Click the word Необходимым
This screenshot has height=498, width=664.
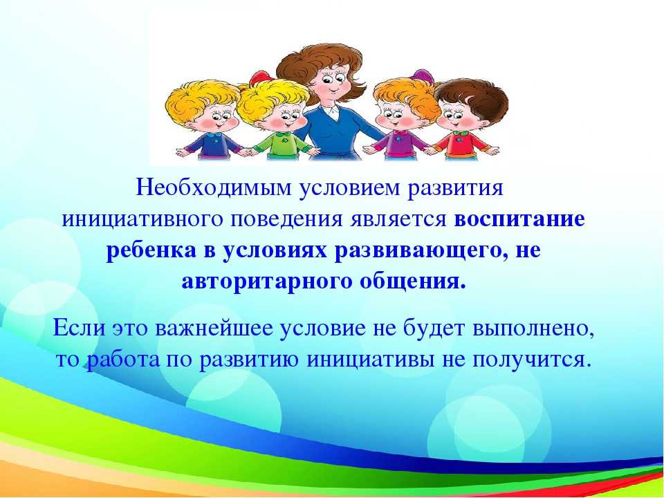click(214, 187)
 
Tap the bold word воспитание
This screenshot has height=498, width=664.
click(519, 219)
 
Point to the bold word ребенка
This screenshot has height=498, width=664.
click(151, 250)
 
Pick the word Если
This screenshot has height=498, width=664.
click(79, 328)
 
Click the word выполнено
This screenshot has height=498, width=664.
click(533, 329)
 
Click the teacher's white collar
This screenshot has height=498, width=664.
click(329, 112)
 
